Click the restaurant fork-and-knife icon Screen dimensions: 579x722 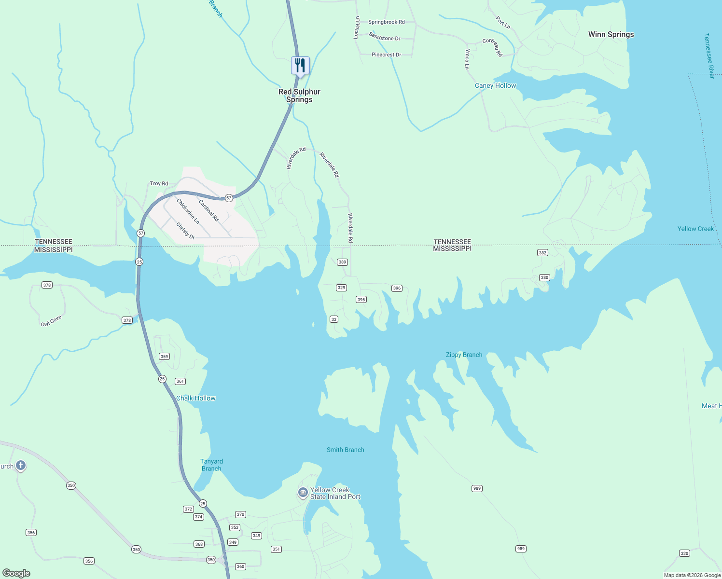(300, 65)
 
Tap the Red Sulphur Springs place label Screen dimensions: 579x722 (299, 96)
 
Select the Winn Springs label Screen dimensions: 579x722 (611, 34)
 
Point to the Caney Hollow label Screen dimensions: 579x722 (495, 85)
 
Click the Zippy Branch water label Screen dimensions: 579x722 (464, 355)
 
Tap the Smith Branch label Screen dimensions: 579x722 (345, 450)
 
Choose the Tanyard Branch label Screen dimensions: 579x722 (211, 465)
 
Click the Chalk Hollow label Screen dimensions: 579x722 (195, 398)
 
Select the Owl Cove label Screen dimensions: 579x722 (51, 321)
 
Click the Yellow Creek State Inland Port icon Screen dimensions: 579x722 (303, 493)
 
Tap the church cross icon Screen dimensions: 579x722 (20, 466)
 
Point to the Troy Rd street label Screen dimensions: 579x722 (159, 183)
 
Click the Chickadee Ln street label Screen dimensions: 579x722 (188, 211)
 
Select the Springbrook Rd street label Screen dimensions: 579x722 (386, 22)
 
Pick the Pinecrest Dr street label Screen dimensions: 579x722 (386, 55)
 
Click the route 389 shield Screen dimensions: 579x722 (342, 262)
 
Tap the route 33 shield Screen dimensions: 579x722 (333, 319)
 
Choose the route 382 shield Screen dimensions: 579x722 (542, 253)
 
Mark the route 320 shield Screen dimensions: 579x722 (684, 553)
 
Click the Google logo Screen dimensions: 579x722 (16, 573)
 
